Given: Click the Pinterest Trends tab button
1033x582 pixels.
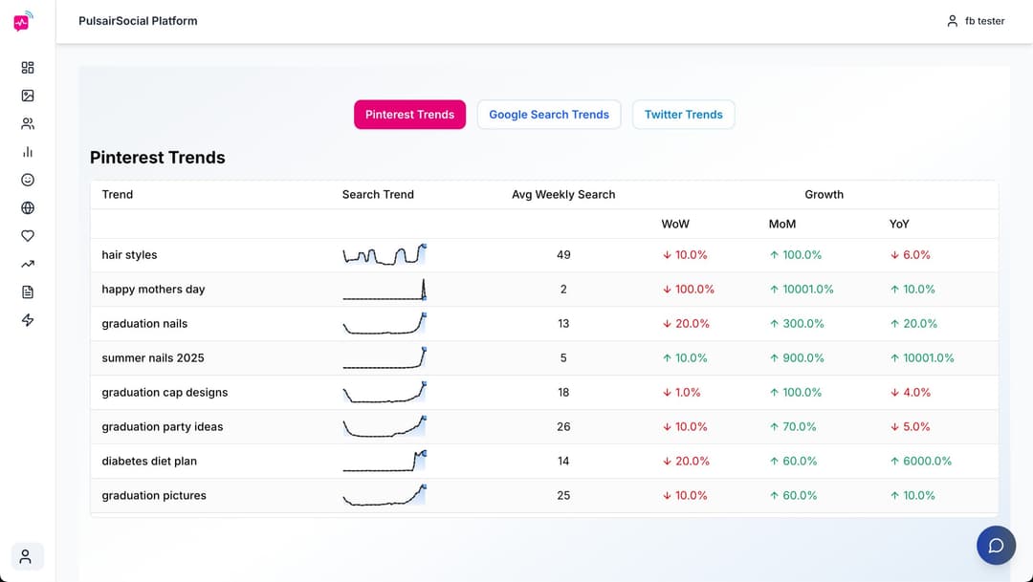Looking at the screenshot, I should (x=409, y=115).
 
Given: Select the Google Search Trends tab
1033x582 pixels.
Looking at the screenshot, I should (x=549, y=115).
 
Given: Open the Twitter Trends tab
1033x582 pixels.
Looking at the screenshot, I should (x=683, y=115).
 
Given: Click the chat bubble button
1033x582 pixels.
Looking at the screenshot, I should (x=996, y=546).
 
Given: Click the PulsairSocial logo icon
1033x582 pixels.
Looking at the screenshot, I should (x=23, y=21).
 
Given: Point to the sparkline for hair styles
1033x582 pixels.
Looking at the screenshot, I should (x=385, y=255).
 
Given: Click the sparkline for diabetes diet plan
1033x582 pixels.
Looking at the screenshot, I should (x=385, y=462).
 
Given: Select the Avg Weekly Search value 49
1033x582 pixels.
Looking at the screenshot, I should (x=563, y=255).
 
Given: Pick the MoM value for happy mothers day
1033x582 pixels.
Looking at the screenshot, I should (x=802, y=290).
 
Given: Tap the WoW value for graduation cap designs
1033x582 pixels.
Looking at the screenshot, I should (x=681, y=393).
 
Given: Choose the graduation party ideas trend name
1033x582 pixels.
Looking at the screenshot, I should (x=163, y=427).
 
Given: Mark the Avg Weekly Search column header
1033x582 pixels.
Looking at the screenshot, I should (x=563, y=195).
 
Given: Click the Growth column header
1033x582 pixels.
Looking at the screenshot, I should (x=824, y=195).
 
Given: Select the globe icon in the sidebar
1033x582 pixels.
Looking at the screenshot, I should (x=28, y=208).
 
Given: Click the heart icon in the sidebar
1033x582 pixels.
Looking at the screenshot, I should (x=28, y=236).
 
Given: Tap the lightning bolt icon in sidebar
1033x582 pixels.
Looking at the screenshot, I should (x=28, y=320).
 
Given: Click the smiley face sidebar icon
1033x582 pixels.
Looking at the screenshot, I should (x=28, y=180).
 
